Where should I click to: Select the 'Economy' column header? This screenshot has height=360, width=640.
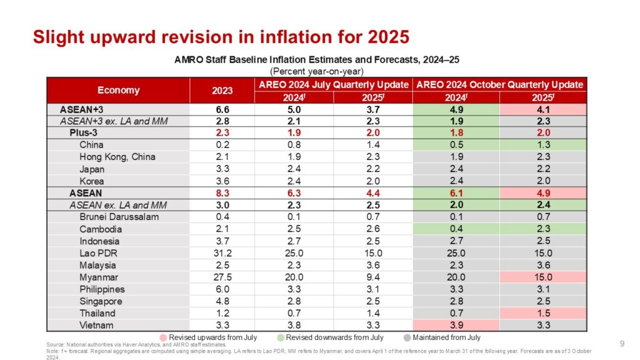coord(119,90)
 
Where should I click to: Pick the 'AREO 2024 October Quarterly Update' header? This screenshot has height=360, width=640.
coord(499,84)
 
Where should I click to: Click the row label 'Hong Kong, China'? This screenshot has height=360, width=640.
coord(117,157)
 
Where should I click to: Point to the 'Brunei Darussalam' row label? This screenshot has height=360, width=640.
coord(119,217)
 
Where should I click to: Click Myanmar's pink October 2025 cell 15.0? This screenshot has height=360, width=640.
coord(543,277)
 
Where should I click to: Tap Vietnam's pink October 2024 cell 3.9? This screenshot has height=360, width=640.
coord(456,325)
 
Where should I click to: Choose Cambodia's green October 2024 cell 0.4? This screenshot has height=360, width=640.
coord(456,229)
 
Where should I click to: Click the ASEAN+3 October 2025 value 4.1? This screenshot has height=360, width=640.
coord(543,109)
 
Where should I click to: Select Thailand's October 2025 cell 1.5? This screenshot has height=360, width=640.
coord(543,313)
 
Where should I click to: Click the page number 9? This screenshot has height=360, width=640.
coord(622,343)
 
